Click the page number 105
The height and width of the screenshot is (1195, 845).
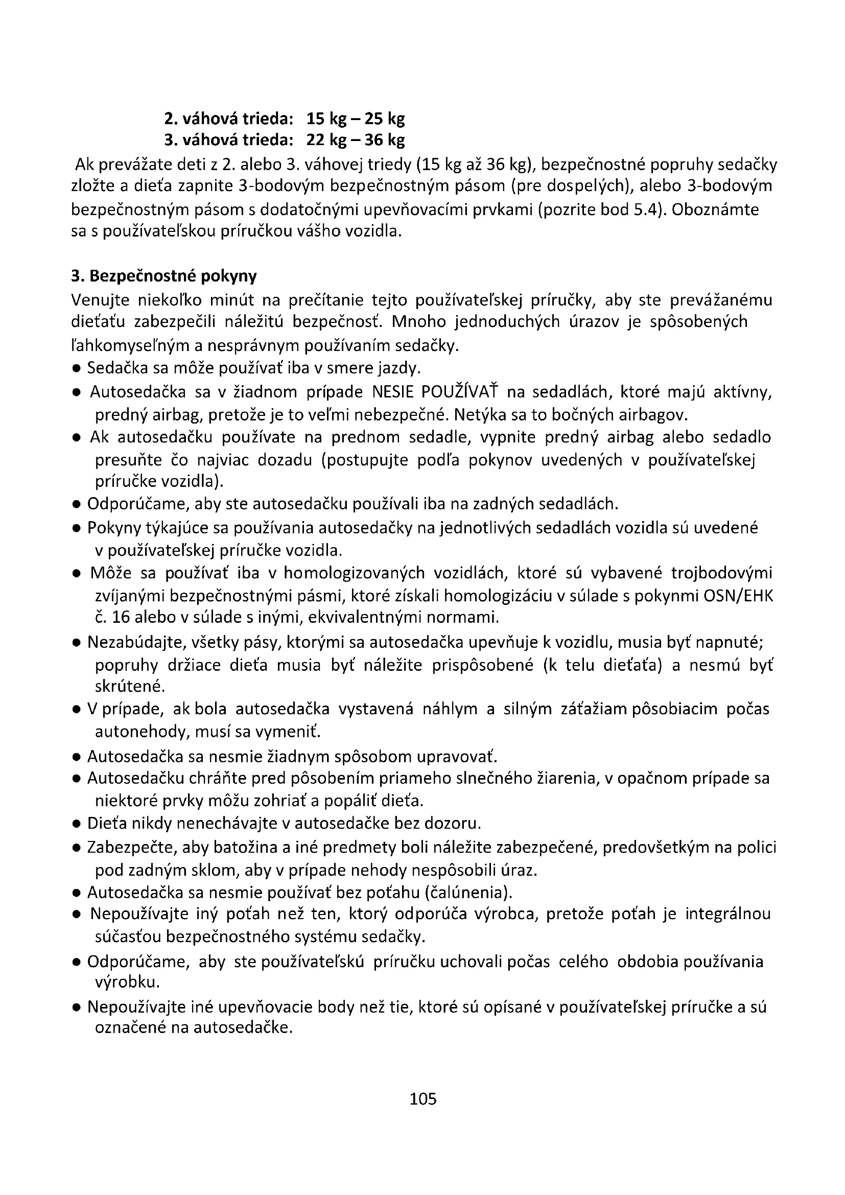click(x=422, y=1099)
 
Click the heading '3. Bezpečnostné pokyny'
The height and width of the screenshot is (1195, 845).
click(x=163, y=276)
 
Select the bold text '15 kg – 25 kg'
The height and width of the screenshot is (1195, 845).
click(x=356, y=119)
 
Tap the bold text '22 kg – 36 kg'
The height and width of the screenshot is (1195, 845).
click(x=356, y=140)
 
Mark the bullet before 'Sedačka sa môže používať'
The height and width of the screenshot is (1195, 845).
click(x=76, y=369)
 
